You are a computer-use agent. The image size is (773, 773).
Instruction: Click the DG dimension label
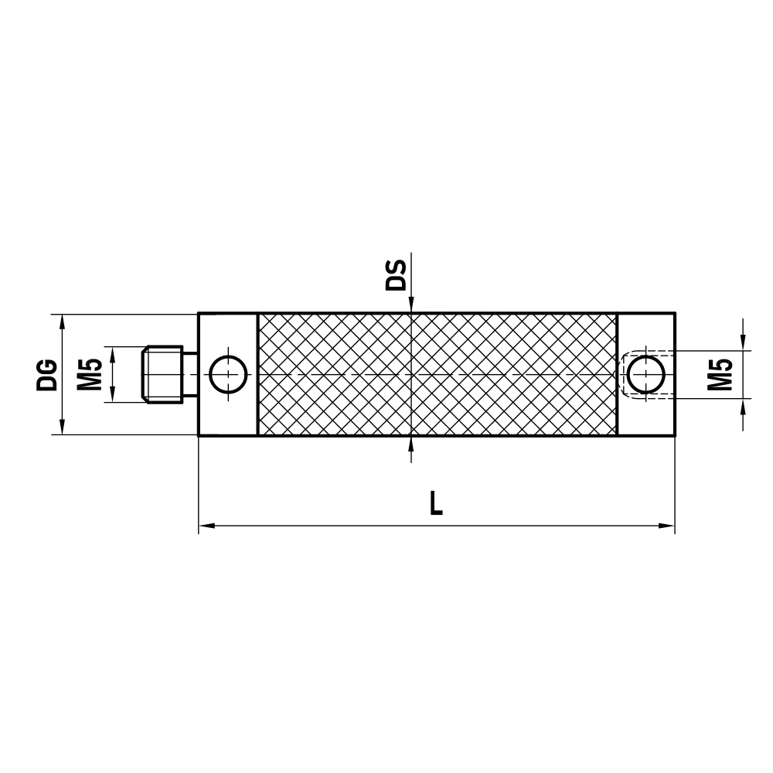(x=47, y=374)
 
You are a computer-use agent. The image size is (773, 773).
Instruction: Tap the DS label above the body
(x=396, y=274)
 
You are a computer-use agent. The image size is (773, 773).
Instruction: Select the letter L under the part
(x=437, y=505)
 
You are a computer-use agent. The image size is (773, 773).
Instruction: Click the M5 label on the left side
(x=90, y=374)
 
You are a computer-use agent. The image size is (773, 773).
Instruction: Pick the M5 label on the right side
(x=721, y=374)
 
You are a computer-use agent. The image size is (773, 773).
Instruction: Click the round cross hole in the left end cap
(x=229, y=374)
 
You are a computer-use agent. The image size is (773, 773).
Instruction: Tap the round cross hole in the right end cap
(x=646, y=375)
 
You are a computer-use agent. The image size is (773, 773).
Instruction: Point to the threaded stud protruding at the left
(x=163, y=374)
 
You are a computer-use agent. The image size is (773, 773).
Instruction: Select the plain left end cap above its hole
(x=228, y=332)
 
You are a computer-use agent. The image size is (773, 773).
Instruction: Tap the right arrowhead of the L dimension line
(x=668, y=526)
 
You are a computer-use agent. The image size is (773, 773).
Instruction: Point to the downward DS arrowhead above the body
(x=412, y=306)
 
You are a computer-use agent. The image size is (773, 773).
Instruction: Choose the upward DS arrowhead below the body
(x=412, y=443)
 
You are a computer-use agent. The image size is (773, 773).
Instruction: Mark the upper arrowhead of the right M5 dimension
(x=744, y=342)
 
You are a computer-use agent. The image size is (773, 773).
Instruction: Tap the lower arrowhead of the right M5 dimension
(x=744, y=406)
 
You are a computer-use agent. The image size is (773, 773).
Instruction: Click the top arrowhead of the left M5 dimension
(x=113, y=353)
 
